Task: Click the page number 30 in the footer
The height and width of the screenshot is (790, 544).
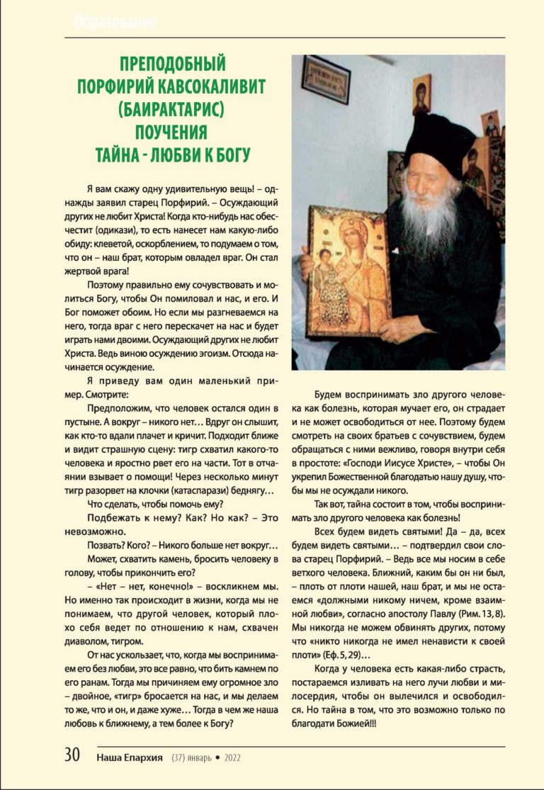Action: (x=72, y=755)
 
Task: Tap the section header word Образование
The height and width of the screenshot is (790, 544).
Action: (x=115, y=23)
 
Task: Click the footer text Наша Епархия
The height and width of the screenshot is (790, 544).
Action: (x=130, y=757)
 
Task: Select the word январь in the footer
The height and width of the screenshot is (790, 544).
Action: (x=200, y=757)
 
